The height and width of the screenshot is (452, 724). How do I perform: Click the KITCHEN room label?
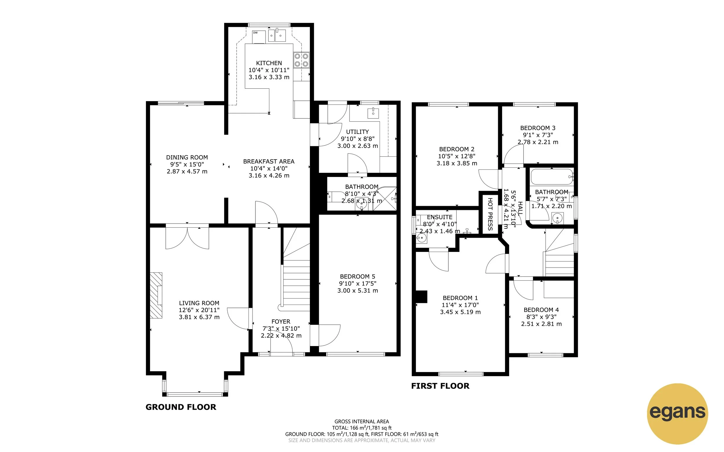coord(269,63)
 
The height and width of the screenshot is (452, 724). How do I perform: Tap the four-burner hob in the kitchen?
coord(301,60)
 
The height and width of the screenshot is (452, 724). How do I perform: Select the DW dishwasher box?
coord(259,37)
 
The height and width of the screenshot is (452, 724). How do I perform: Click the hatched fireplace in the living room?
coord(156,295)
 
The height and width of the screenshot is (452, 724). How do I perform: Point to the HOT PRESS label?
coord(490,214)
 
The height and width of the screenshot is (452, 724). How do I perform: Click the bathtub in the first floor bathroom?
coord(551,177)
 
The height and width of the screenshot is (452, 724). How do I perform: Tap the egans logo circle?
coord(677,413)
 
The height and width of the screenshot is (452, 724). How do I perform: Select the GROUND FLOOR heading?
coord(180,407)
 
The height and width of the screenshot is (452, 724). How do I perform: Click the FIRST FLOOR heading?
coord(440,386)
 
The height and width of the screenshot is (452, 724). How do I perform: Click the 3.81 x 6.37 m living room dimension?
coord(199,317)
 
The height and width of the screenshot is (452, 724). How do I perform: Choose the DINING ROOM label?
coord(187,157)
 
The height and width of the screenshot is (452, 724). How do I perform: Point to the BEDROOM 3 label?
coord(537,128)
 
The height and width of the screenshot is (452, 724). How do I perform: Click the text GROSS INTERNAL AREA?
coord(361,422)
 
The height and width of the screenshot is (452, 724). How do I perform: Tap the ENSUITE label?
coord(439,217)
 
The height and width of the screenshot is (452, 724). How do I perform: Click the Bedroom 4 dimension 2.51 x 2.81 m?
coord(541,324)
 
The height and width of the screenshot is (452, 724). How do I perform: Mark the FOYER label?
coord(280,322)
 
